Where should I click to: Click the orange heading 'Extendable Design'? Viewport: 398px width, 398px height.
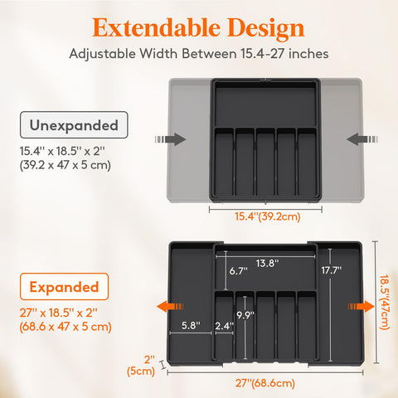199,27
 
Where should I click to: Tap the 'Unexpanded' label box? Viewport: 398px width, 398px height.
74,127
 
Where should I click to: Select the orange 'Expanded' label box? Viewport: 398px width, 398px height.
65,288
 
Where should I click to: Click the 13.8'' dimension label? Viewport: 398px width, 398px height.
267,263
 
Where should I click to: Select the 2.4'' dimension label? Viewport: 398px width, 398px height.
224,327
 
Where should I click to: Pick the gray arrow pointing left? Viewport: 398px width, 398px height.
357,138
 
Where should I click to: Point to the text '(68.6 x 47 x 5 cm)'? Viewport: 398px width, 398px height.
65,326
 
